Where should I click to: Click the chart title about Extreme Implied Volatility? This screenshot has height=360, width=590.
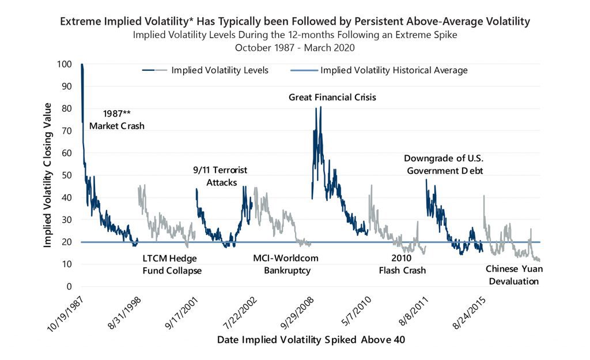pos(294,22)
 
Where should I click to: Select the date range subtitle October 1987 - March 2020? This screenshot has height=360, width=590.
pos(294,47)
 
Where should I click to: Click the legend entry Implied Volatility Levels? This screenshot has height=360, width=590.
pos(220,70)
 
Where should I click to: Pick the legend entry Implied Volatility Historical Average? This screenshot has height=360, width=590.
pos(394,70)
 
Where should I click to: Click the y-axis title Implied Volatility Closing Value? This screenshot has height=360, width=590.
pos(48,175)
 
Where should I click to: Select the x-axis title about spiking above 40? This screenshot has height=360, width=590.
pos(311,340)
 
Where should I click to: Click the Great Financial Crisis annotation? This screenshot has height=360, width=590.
pos(332,97)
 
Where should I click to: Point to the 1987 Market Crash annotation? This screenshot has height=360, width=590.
pos(116,119)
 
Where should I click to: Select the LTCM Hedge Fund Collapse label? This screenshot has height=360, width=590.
pos(172,264)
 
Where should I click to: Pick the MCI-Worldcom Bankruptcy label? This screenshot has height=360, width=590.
pos(286,264)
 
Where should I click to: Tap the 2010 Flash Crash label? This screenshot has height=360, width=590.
pos(402,264)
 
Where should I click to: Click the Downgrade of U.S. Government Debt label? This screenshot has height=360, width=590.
pos(443,164)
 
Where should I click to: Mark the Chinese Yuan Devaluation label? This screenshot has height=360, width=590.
pos(512,275)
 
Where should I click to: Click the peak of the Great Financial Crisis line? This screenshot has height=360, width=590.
pos(320,107)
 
